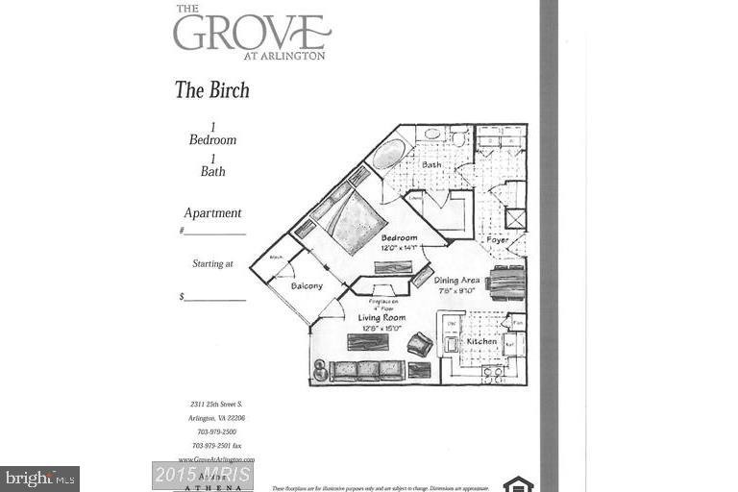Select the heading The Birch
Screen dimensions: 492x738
click(x=211, y=90)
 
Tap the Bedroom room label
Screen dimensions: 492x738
click(x=397, y=237)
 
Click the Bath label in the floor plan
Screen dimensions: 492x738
click(x=431, y=165)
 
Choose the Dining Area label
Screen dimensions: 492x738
click(x=456, y=281)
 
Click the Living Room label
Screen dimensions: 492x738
click(x=381, y=318)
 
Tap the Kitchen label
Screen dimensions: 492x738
click(x=481, y=341)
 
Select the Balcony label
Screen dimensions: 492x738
click(x=307, y=286)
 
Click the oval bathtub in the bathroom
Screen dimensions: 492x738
click(x=389, y=154)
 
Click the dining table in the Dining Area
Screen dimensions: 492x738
click(x=506, y=283)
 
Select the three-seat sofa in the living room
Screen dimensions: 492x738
click(x=366, y=370)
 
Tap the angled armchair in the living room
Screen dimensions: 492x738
click(x=420, y=343)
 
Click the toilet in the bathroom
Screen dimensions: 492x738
click(x=458, y=137)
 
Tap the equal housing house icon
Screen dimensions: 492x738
click(x=518, y=483)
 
